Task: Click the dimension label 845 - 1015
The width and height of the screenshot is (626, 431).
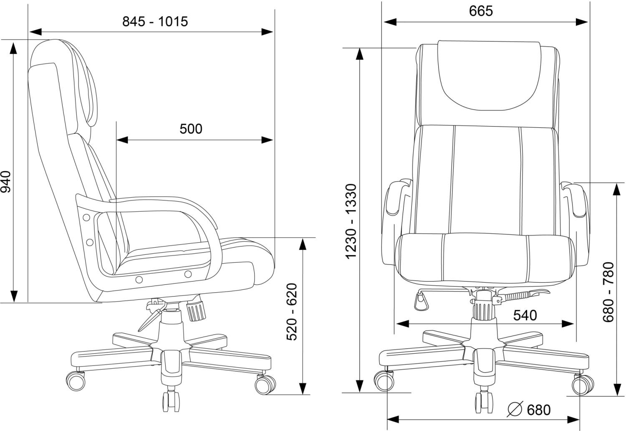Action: coord(155,22)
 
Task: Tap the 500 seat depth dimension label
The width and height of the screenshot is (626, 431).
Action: coord(191,129)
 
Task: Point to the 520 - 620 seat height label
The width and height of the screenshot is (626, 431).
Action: coord(292,312)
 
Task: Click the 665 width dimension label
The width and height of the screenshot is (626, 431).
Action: coord(481,11)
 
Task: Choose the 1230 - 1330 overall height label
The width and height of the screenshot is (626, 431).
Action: coord(351,221)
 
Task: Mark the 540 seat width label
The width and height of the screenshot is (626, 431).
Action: coord(525,315)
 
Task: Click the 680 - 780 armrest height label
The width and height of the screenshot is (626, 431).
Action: coord(608,292)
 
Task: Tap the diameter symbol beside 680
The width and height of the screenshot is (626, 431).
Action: coord(515,409)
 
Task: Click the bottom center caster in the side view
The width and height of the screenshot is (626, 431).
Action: coord(171,401)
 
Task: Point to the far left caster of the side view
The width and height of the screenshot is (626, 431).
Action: coord(76,380)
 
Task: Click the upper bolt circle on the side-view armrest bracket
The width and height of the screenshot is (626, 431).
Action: coord(86,217)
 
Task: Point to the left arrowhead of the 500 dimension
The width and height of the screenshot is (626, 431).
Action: coord(122,140)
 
